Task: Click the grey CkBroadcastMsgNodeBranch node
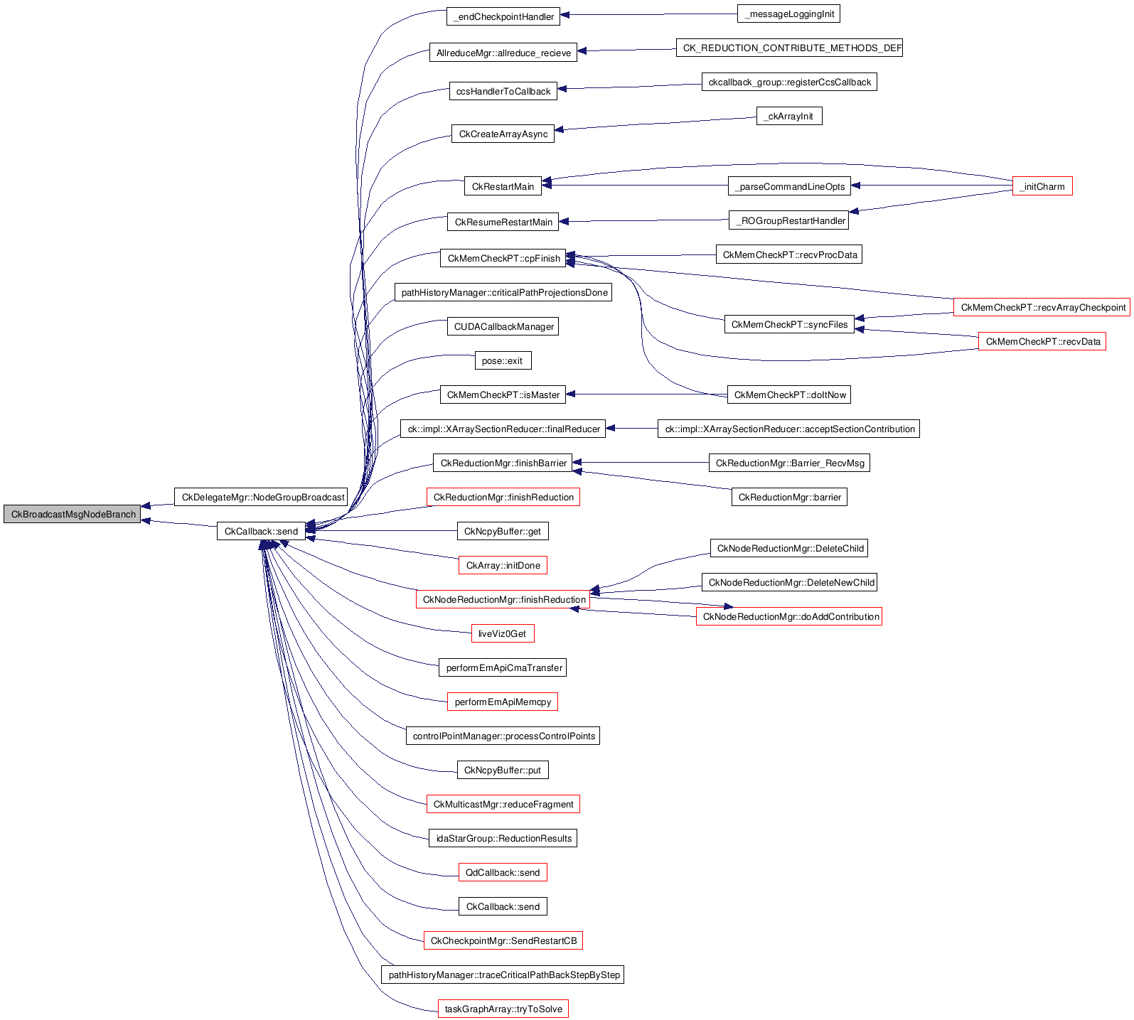tap(73, 514)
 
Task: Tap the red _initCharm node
tap(1042, 186)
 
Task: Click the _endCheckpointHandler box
tap(503, 16)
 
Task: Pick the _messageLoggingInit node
tap(789, 14)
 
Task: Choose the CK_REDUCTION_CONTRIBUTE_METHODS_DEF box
tap(789, 48)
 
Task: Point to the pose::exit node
tap(503, 360)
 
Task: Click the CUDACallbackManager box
tap(503, 326)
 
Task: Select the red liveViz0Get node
tap(503, 633)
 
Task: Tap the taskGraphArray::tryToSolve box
tap(503, 1009)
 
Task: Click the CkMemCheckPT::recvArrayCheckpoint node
tap(1042, 307)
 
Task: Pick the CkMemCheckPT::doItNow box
tap(789, 394)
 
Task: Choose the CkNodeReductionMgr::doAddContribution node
tap(789, 616)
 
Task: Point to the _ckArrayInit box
tap(789, 116)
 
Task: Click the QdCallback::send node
tap(503, 872)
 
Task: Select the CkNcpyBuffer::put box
tap(503, 770)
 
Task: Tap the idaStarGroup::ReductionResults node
tap(503, 838)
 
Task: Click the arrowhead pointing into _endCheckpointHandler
tap(565, 15)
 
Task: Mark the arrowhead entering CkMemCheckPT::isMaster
tap(571, 394)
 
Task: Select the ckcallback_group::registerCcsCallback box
tap(789, 82)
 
